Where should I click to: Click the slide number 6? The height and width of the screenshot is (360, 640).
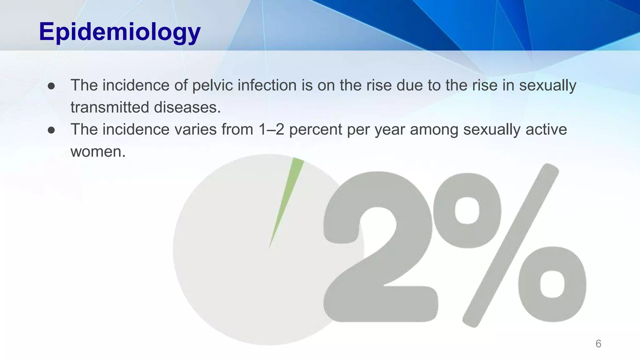point(598,344)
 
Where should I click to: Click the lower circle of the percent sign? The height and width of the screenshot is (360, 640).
point(552,284)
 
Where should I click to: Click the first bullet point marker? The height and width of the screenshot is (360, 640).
point(52,86)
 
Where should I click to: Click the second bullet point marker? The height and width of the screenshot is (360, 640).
point(52,130)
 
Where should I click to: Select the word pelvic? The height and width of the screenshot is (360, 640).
point(212,86)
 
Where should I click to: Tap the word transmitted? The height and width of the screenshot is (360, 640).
point(110,107)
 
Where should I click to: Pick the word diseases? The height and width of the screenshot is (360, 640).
point(187,107)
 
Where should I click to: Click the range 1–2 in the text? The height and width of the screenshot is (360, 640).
point(271,130)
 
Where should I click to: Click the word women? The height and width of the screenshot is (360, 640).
point(98,152)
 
